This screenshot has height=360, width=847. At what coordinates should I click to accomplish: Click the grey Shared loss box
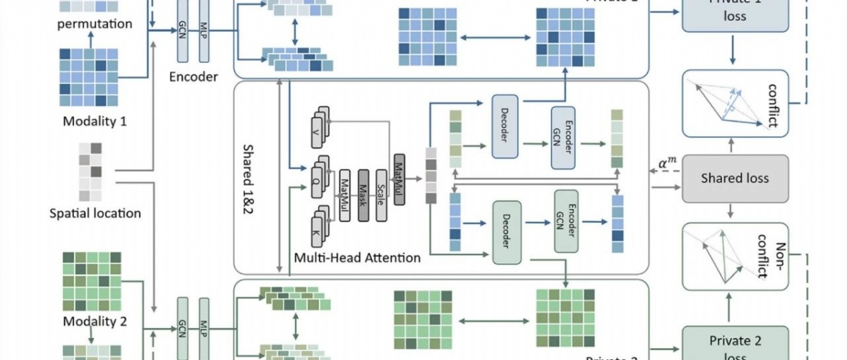[x=735, y=179]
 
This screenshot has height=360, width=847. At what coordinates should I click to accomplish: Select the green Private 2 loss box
[x=735, y=344]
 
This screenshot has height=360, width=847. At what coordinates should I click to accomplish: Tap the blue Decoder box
[x=505, y=126]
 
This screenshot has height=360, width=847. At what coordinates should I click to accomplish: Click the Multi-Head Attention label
[x=357, y=258]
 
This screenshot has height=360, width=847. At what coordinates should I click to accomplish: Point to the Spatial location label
[x=95, y=213]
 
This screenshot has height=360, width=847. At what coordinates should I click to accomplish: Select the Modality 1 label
[x=95, y=121]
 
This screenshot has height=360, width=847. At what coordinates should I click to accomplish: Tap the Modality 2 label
[x=95, y=322]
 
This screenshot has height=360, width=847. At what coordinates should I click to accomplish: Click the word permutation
[x=95, y=23]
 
